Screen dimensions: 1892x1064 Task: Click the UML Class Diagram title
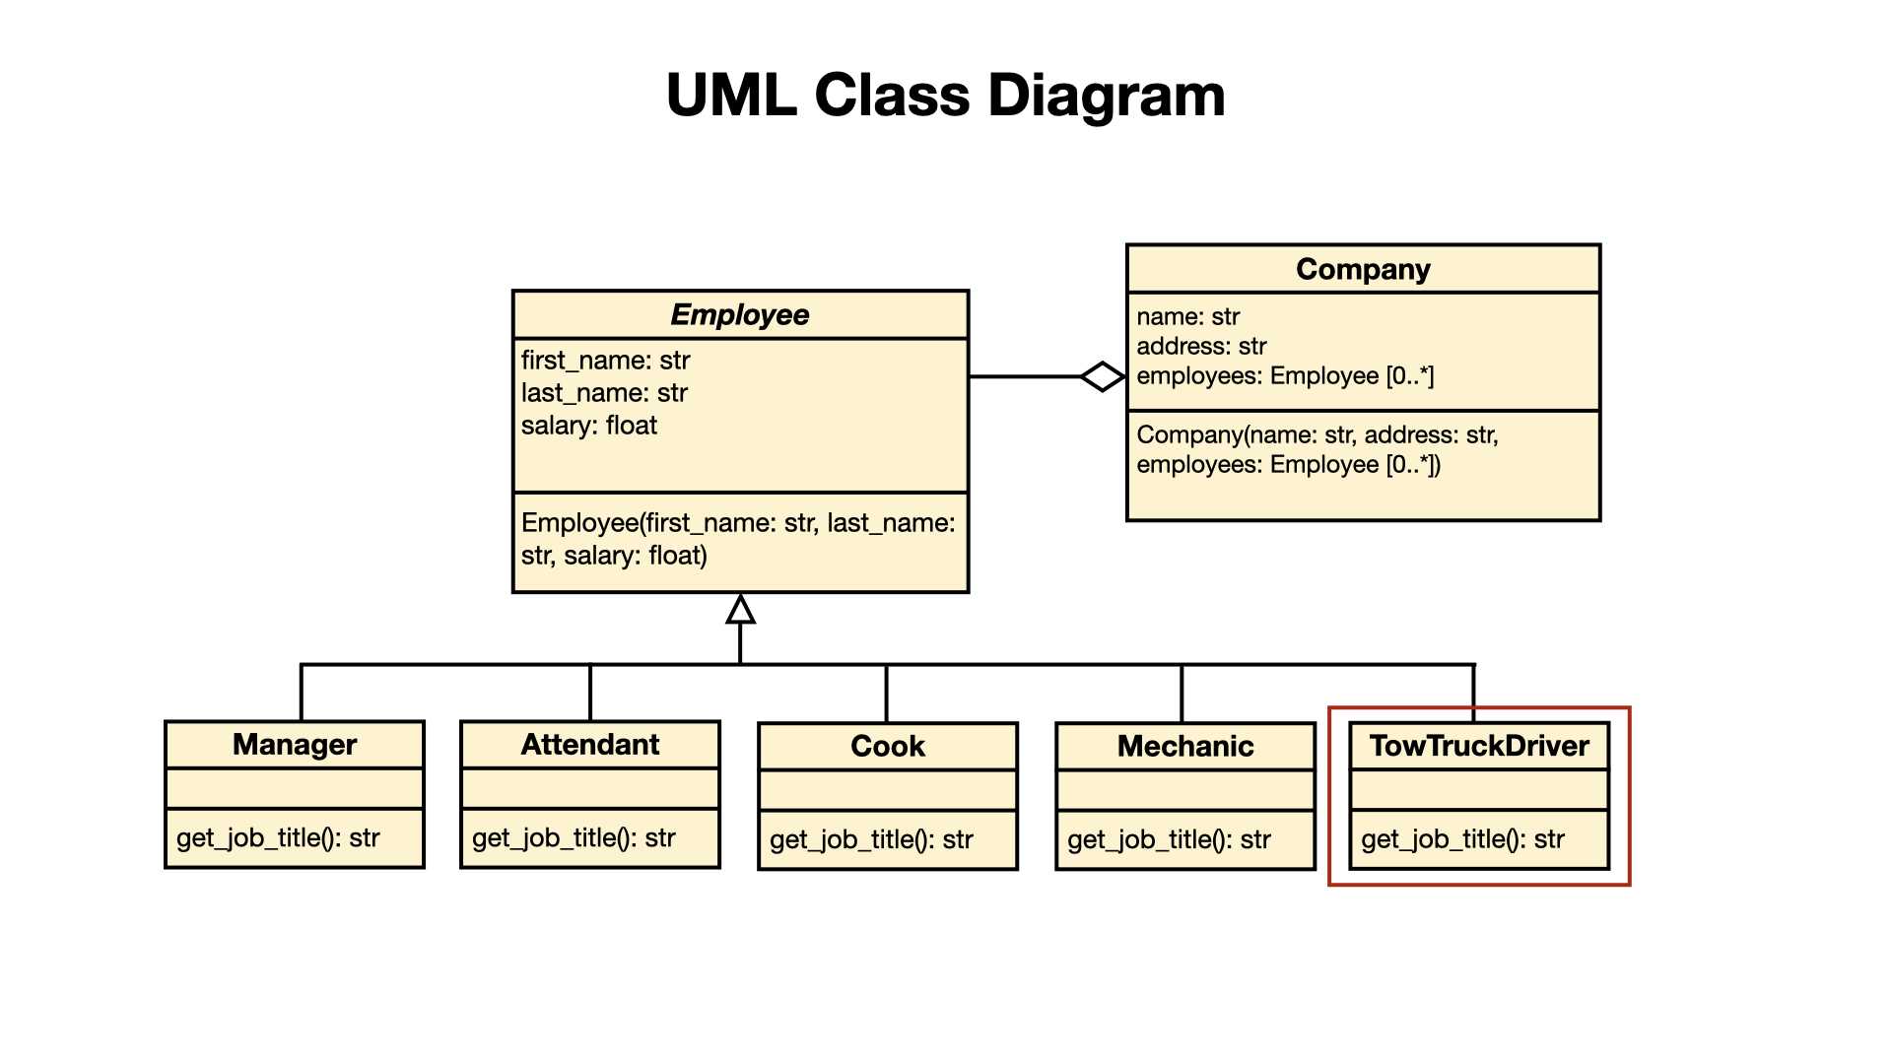[946, 96]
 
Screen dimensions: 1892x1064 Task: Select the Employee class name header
[740, 315]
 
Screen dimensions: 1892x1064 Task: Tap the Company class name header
[1363, 269]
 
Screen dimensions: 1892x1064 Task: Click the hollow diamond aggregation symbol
[1103, 376]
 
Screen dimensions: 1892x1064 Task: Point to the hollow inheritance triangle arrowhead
[741, 609]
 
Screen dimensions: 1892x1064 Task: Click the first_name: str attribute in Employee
[605, 361]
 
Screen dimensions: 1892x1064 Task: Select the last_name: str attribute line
[604, 393]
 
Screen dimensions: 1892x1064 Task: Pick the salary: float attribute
[588, 426]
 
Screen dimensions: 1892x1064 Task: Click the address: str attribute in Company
[1201, 347]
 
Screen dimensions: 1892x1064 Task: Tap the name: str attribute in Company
[1187, 317]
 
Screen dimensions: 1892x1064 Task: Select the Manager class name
[295, 745]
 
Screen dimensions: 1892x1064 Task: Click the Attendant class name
[590, 745]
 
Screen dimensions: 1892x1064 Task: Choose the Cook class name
[888, 747]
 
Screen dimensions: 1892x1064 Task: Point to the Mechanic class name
[1185, 747]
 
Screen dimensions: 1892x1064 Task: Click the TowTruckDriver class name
[1479, 746]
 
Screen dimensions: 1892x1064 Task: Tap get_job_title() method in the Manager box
[278, 838]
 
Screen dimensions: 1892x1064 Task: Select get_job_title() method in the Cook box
[871, 840]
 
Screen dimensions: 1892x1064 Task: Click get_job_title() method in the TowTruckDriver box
[1462, 839]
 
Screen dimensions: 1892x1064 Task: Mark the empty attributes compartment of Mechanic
[1185, 791]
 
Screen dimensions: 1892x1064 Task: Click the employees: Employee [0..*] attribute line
[1285, 376]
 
